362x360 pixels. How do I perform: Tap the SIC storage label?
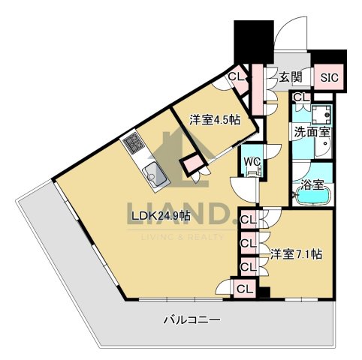[329, 76]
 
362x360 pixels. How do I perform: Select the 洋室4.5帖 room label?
[214, 118]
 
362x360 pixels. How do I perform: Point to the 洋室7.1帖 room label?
[296, 254]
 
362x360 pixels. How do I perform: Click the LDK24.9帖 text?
[161, 216]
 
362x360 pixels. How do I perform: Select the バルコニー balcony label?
[192, 321]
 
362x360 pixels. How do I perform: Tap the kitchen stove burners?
[133, 141]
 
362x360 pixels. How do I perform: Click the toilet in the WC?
[253, 173]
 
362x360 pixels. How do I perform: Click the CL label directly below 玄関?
[301, 97]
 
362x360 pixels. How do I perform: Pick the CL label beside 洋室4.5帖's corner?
[235, 76]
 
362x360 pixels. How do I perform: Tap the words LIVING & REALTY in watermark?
[180, 237]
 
